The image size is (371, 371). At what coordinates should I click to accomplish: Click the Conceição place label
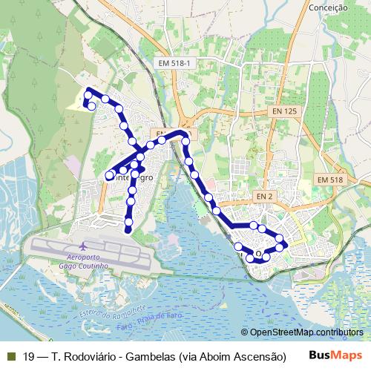click(327, 7)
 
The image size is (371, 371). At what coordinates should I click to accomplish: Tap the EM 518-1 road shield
click(175, 65)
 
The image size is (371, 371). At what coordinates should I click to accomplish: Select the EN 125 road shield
click(283, 111)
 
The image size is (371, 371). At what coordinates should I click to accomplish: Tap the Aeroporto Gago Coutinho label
click(84, 260)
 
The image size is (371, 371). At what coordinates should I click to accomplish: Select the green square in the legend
click(10, 356)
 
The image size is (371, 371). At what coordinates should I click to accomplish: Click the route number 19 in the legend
click(29, 356)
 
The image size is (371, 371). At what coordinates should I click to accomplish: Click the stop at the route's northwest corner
click(89, 93)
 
